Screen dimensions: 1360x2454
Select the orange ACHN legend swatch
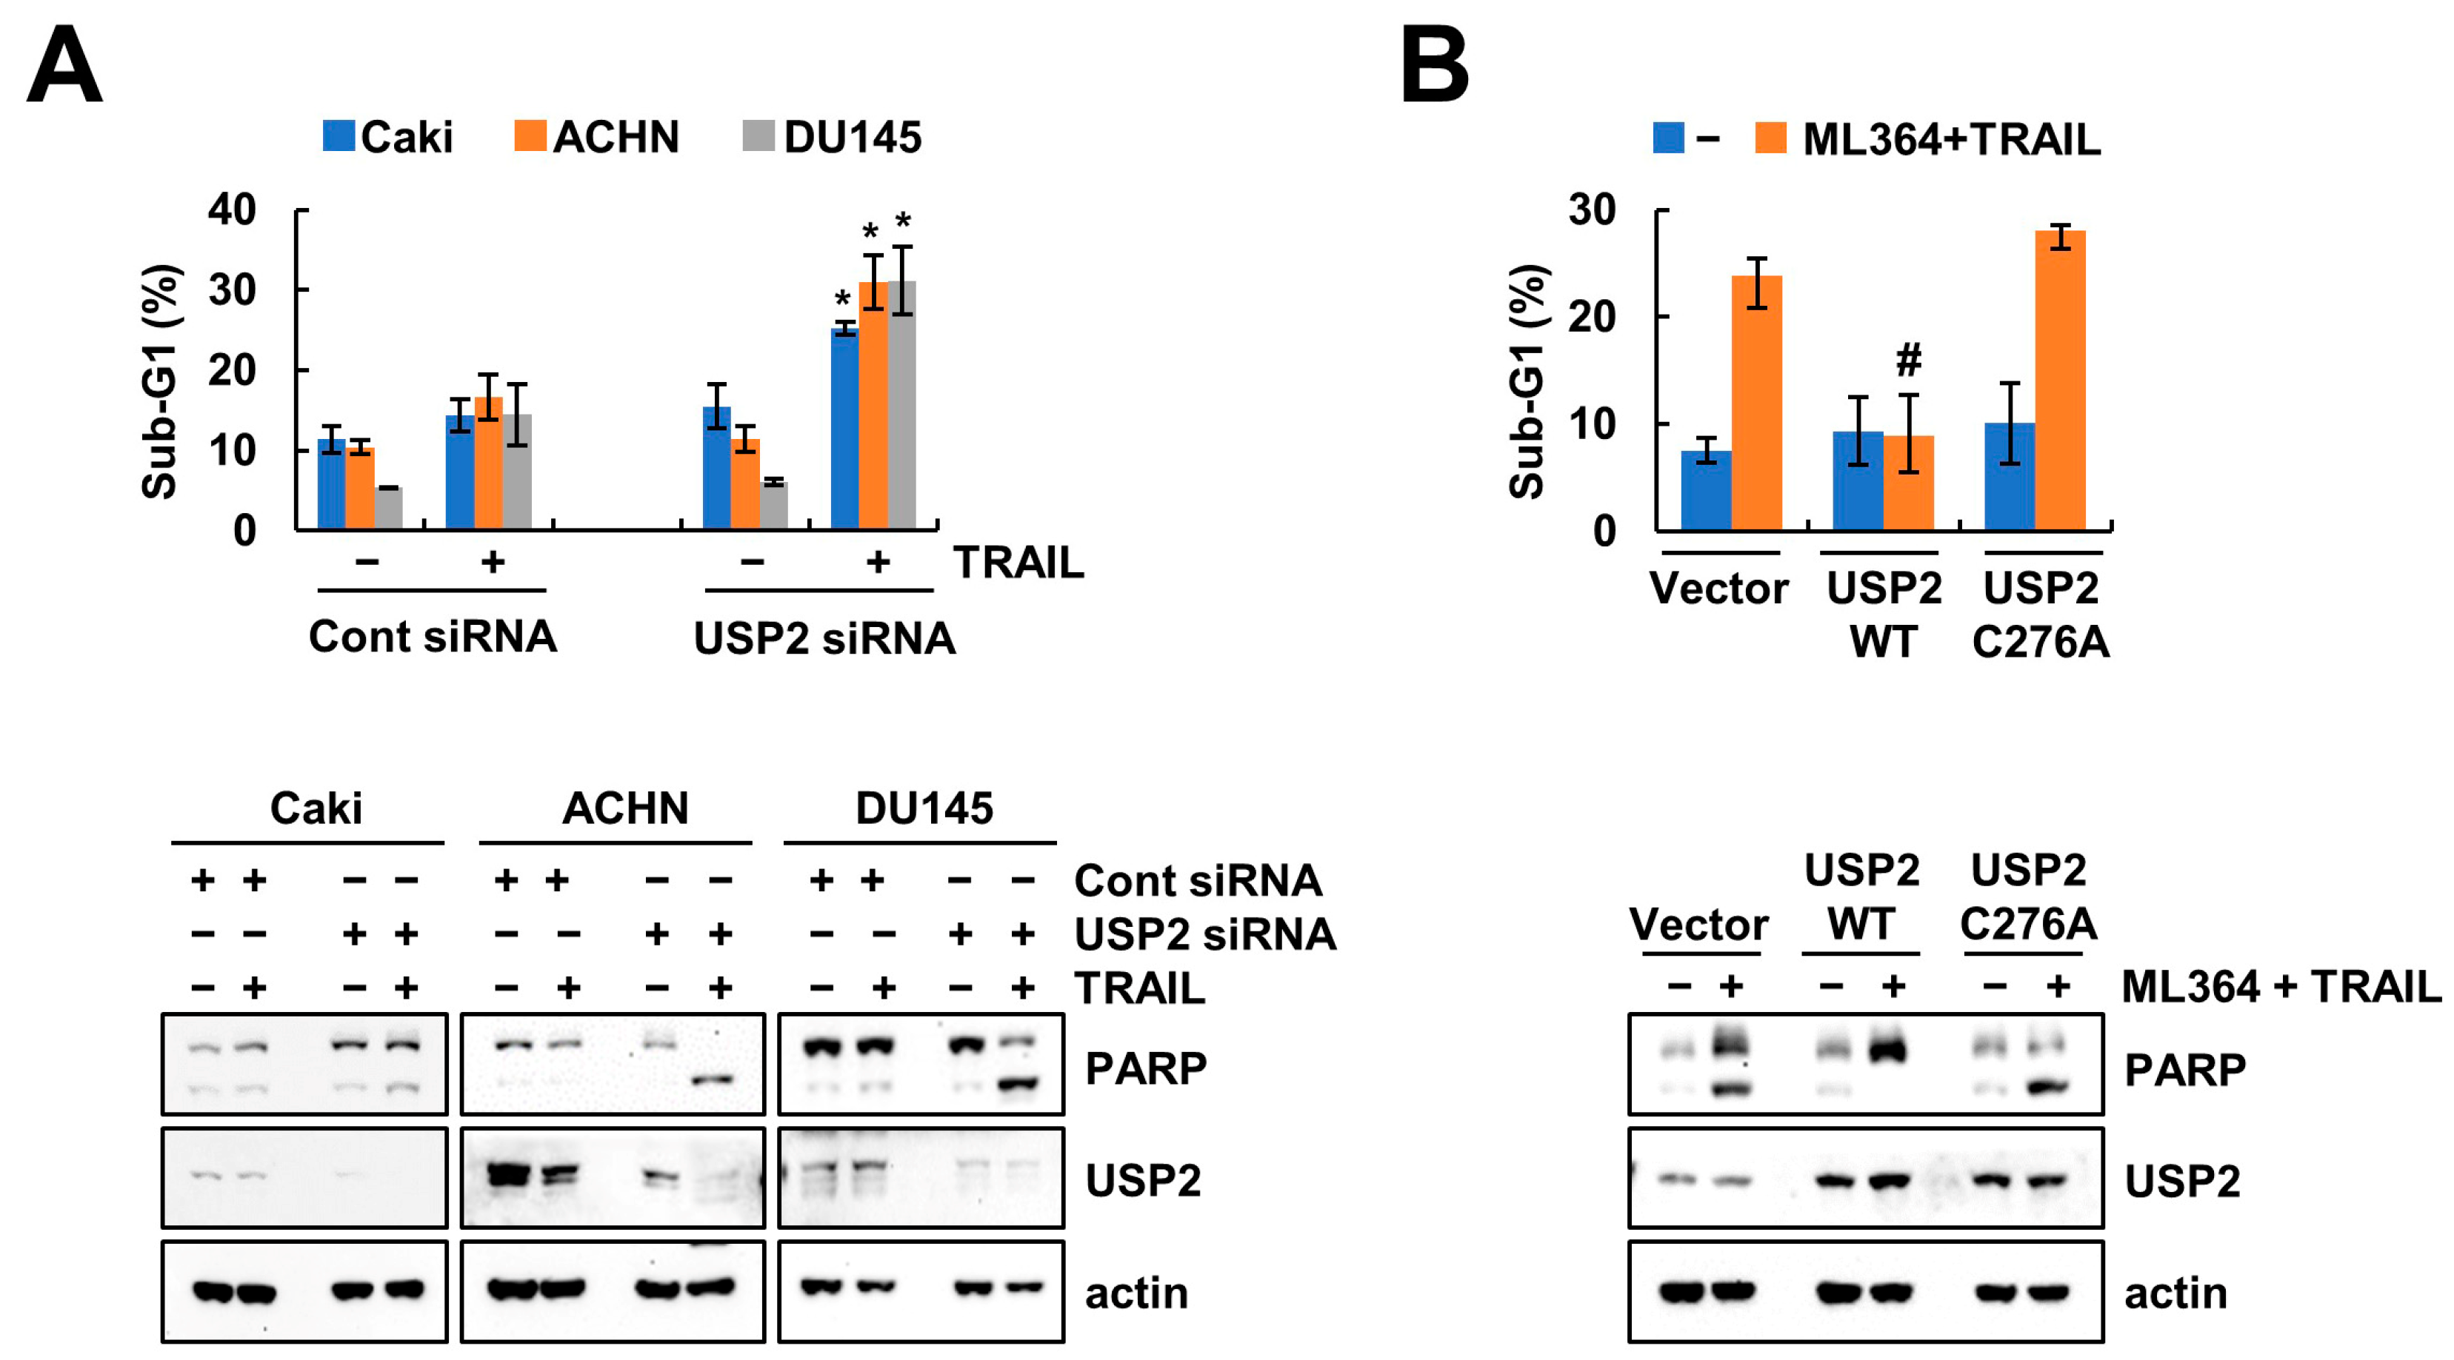point(530,136)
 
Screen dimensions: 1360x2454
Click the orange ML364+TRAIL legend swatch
point(1770,138)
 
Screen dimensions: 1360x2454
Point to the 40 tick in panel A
point(233,210)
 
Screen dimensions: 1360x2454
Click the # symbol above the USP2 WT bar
point(1908,360)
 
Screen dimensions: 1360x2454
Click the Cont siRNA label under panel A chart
point(433,636)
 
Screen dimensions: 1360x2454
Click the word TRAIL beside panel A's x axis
point(1018,563)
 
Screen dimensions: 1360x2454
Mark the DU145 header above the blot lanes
point(923,808)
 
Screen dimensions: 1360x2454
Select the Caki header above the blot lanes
point(316,808)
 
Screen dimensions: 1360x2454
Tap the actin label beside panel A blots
point(1136,1293)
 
